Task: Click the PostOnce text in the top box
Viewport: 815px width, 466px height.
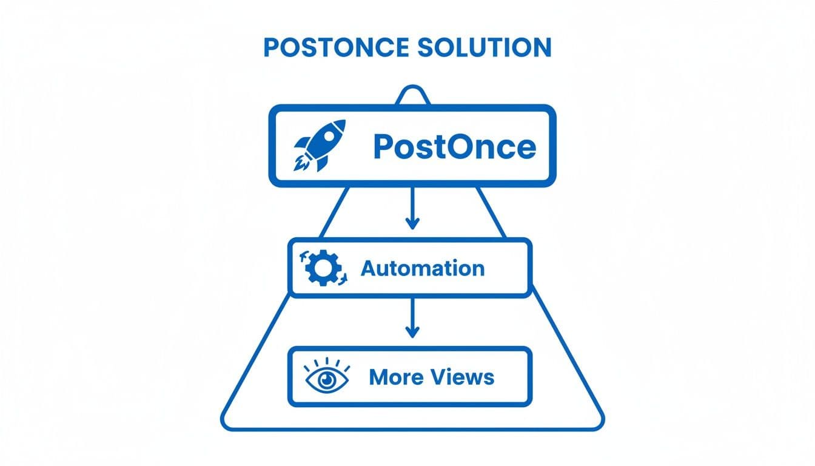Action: [454, 146]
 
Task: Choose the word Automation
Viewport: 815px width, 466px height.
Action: [423, 268]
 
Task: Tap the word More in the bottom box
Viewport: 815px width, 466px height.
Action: [395, 377]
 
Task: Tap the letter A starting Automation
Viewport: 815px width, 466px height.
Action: [369, 268]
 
